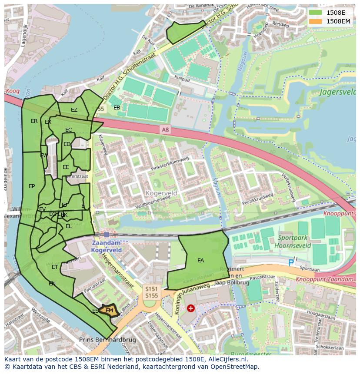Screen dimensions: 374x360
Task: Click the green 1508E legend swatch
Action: pyautogui.click(x=316, y=13)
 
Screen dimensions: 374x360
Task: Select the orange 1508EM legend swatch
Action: pyautogui.click(x=316, y=21)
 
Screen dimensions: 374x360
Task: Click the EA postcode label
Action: pyautogui.click(x=200, y=261)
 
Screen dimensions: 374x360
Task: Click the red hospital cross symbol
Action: pyautogui.click(x=190, y=308)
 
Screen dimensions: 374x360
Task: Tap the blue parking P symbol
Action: pyautogui.click(x=291, y=262)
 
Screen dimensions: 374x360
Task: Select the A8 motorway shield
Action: pyautogui.click(x=165, y=129)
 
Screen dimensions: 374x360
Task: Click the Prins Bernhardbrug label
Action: pyautogui.click(x=107, y=340)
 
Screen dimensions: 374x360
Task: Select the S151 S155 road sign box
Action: pyautogui.click(x=151, y=292)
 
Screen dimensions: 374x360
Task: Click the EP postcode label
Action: pyautogui.click(x=32, y=186)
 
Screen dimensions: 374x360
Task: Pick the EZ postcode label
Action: pyautogui.click(x=74, y=110)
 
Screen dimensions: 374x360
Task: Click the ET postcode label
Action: pyautogui.click(x=55, y=267)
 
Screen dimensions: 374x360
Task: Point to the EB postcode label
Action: pyautogui.click(x=117, y=108)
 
